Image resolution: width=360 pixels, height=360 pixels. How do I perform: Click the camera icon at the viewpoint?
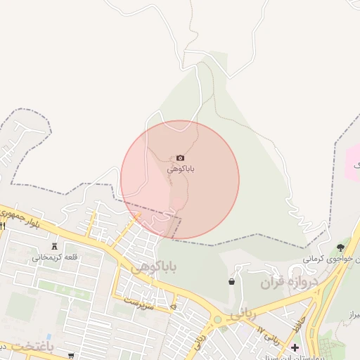point(180,158)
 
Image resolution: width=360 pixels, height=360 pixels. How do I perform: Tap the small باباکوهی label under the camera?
point(181,169)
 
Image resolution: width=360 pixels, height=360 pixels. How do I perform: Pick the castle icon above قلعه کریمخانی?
point(55,246)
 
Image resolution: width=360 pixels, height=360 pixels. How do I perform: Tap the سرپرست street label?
point(139,300)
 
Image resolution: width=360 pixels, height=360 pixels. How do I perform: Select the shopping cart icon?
point(70,355)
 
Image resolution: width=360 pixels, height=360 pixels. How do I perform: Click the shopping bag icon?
point(231,282)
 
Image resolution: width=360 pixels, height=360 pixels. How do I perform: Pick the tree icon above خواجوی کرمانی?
point(341,247)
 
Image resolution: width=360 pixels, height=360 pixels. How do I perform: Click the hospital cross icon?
point(295,347)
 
